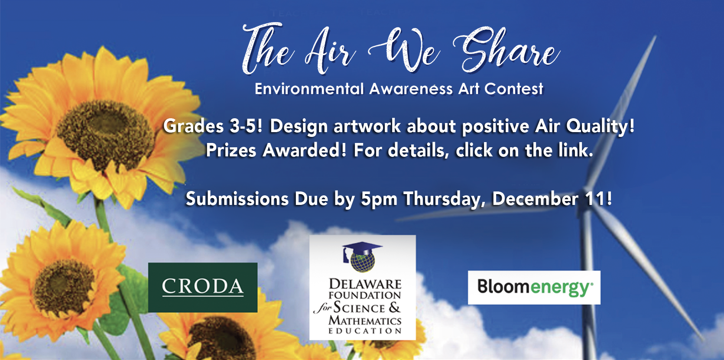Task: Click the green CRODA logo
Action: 203,287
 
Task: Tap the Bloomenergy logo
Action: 534,287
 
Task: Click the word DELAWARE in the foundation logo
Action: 365,284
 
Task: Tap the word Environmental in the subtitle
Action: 309,89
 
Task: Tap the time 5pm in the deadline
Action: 379,199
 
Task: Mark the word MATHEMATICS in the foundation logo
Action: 365,321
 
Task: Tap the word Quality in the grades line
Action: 600,126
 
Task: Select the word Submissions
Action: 237,199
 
